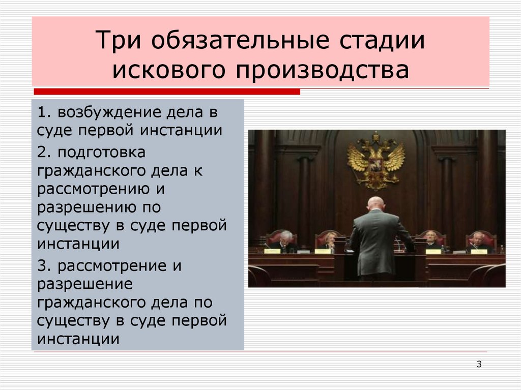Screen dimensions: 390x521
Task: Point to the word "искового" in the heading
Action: [168, 71]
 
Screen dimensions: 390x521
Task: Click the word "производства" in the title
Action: [322, 71]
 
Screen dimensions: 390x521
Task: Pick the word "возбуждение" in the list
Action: [107, 111]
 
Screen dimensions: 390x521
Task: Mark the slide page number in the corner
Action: [479, 364]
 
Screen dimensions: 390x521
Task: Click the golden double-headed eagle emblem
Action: [376, 160]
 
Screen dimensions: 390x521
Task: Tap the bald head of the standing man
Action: [376, 203]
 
